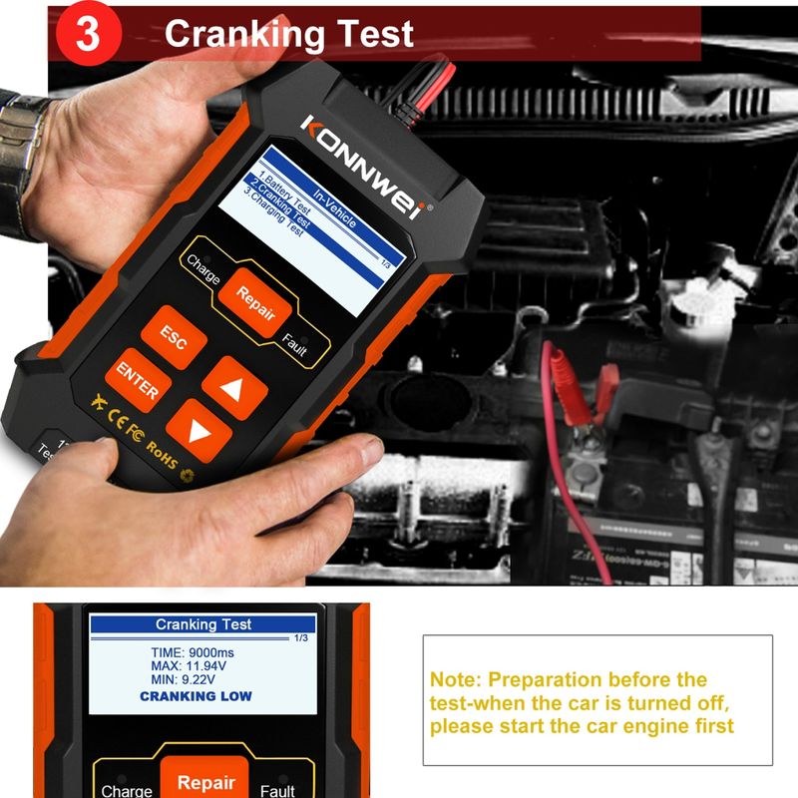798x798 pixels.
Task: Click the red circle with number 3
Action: tap(88, 34)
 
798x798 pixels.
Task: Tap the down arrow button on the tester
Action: tap(199, 430)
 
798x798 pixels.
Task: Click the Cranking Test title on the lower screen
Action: tap(203, 624)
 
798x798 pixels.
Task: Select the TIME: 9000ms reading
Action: tap(195, 651)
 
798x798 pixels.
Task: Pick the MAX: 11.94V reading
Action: tap(195, 665)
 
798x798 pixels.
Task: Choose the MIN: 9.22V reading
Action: tap(195, 680)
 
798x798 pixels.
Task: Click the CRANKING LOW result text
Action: tap(196, 696)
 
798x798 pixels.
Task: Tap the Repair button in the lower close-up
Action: tap(205, 782)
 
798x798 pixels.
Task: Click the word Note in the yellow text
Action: tap(454, 680)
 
